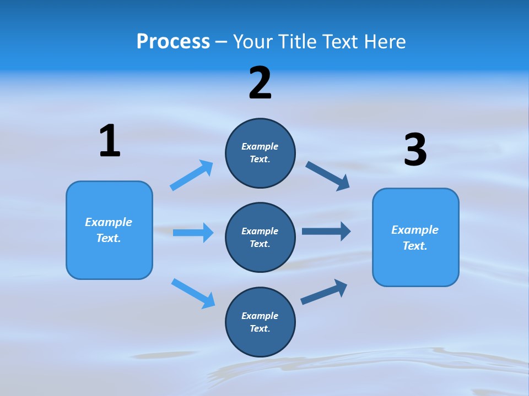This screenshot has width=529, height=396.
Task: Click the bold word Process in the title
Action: click(x=173, y=41)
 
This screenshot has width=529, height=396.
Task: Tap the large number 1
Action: click(x=110, y=141)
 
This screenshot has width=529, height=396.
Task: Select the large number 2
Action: click(x=260, y=83)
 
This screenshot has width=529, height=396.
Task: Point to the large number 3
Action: click(x=415, y=150)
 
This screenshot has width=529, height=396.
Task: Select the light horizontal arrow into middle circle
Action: click(x=193, y=233)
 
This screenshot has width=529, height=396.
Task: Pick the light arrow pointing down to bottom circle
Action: click(x=193, y=293)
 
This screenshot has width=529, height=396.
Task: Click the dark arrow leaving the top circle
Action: click(x=328, y=175)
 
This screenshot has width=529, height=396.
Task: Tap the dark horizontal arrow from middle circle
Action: click(x=326, y=231)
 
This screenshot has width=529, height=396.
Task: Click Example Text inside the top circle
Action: click(x=260, y=153)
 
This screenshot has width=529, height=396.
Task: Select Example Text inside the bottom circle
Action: click(x=260, y=322)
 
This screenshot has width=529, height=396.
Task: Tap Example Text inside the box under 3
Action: click(x=415, y=238)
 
